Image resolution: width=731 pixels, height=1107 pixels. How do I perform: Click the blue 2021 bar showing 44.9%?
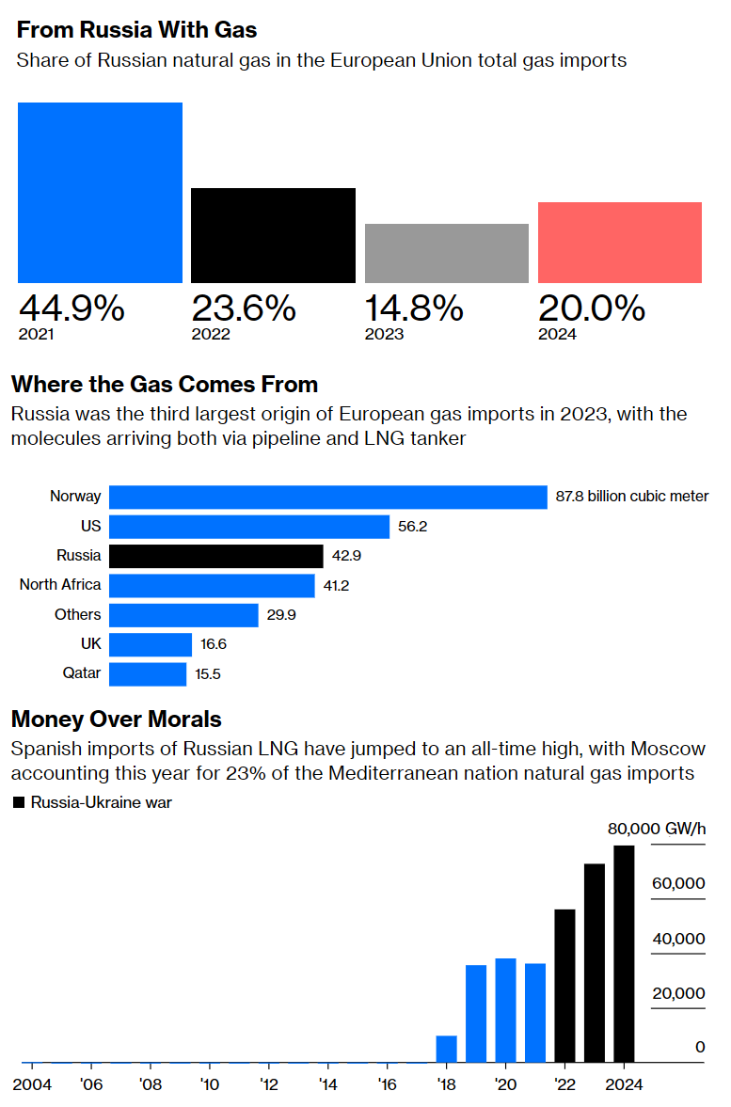point(100,192)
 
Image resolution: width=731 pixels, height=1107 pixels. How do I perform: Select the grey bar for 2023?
point(446,253)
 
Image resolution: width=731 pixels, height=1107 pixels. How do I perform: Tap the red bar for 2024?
point(619,242)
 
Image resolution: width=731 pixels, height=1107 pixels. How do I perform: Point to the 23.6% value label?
point(245,308)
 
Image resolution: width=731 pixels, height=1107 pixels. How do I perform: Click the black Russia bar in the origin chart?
point(215,555)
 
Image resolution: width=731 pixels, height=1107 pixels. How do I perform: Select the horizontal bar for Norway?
point(327,497)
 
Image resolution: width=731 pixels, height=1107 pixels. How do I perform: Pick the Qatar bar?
point(148,674)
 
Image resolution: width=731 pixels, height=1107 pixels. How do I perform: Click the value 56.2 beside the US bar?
point(412,527)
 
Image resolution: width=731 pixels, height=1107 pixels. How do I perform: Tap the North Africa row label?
point(60,585)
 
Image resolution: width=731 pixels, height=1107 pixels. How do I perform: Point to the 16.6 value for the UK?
point(214,644)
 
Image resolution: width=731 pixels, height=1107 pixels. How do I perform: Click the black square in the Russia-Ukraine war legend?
point(18,802)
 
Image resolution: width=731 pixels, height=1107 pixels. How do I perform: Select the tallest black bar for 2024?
point(624,953)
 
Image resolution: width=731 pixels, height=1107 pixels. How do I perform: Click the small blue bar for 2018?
point(446,1049)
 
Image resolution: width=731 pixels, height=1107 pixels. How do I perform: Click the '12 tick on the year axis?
point(268,1083)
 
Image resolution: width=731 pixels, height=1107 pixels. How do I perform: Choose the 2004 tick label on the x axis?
point(31,1083)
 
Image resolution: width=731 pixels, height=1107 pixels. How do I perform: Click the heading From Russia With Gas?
point(136,30)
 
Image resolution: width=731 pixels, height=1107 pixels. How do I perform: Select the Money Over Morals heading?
point(116,720)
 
